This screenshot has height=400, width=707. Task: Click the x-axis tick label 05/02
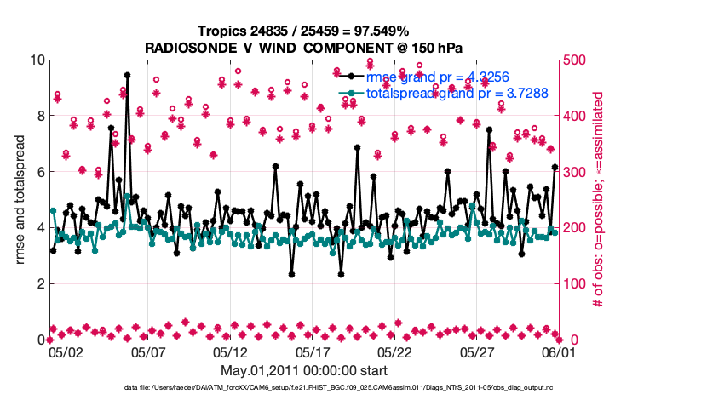66,351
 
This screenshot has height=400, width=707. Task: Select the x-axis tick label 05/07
147,351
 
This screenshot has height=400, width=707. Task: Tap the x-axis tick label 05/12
230,351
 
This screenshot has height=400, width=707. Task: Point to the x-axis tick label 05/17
312,351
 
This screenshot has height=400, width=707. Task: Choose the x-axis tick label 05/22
394,351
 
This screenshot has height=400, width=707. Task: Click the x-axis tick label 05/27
476,351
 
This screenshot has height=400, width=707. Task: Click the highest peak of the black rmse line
127,75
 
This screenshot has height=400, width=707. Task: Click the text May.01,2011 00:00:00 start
303,370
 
